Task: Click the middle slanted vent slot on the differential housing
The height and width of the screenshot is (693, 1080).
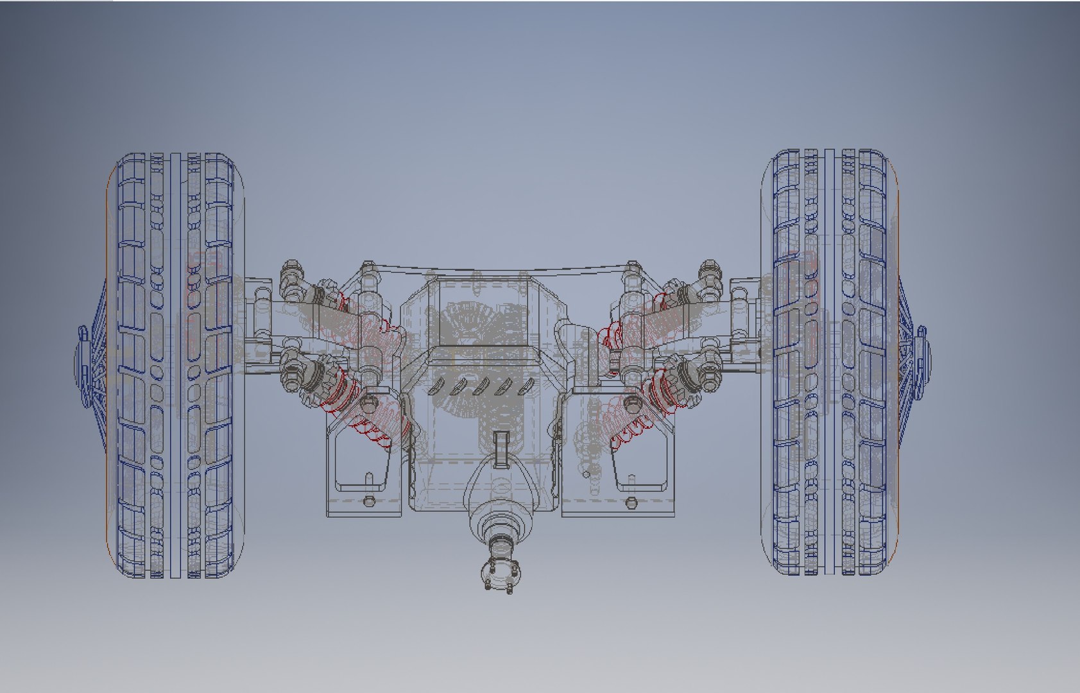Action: pos(482,386)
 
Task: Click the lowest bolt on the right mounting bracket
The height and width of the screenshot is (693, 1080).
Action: pos(631,501)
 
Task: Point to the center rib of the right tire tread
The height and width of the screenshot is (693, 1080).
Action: pos(832,366)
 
